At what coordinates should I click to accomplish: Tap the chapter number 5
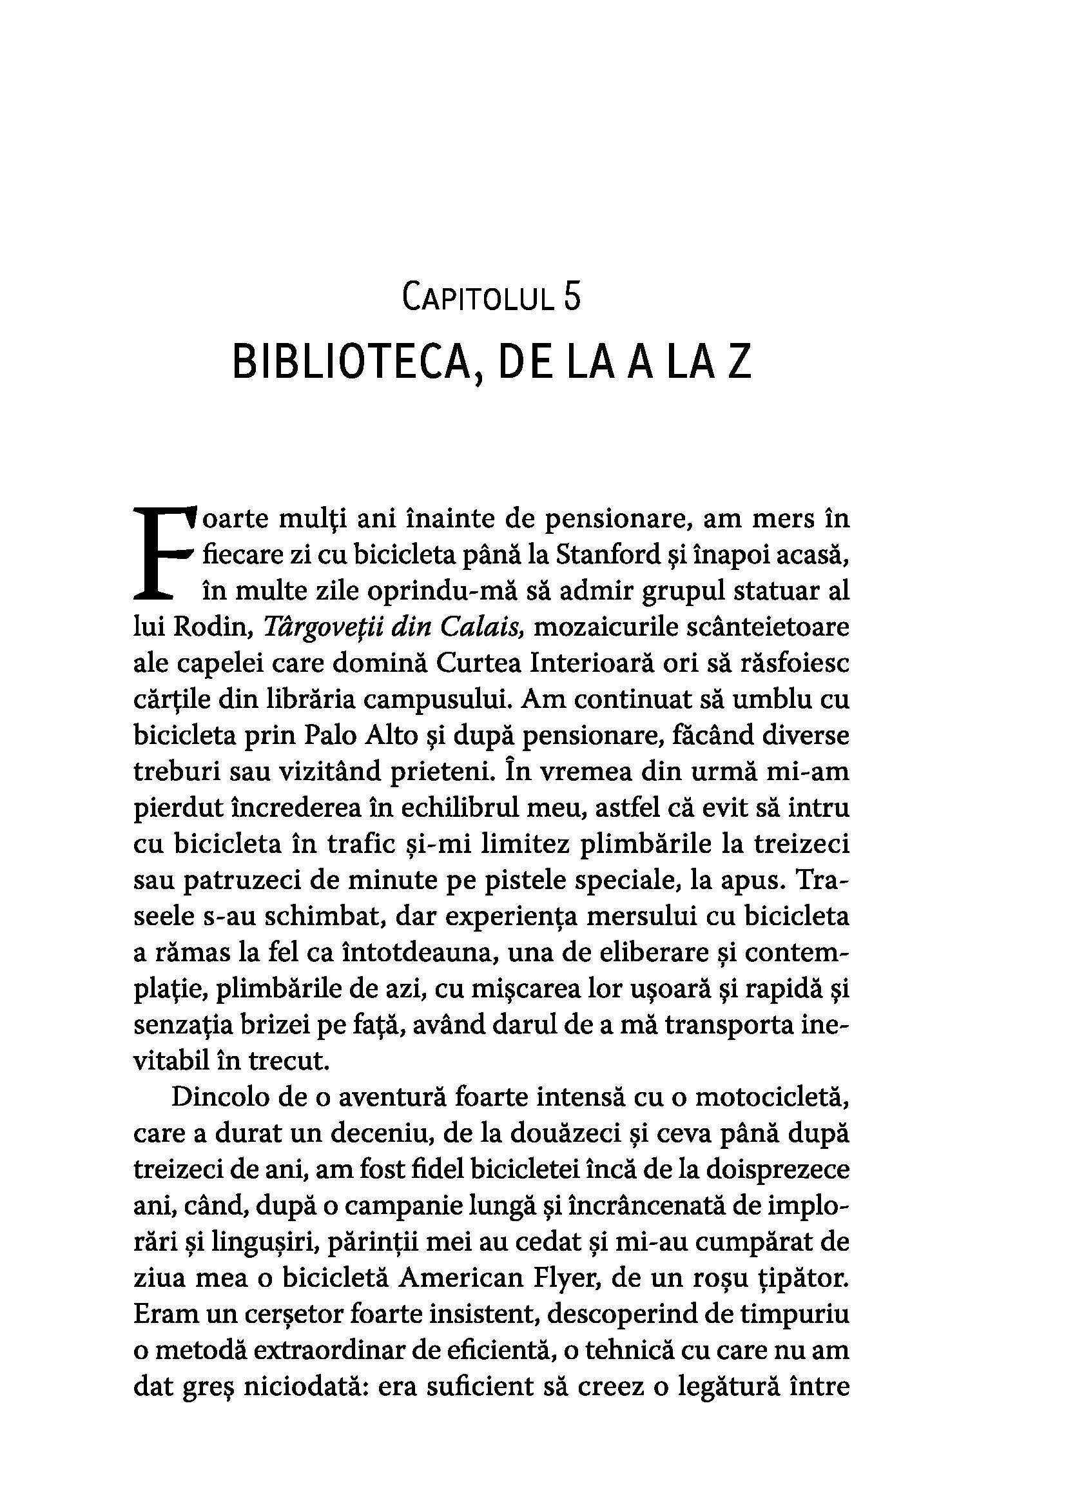(571, 296)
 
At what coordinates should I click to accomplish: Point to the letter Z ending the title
(739, 362)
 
